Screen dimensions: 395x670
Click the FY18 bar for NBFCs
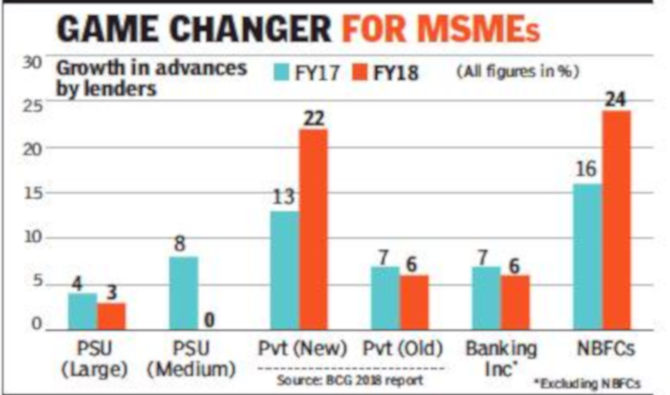click(617, 219)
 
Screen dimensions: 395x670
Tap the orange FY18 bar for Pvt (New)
click(314, 227)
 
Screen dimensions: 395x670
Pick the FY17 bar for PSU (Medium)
click(184, 291)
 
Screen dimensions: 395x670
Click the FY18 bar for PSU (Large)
click(110, 314)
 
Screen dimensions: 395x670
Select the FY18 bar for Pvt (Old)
click(414, 300)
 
